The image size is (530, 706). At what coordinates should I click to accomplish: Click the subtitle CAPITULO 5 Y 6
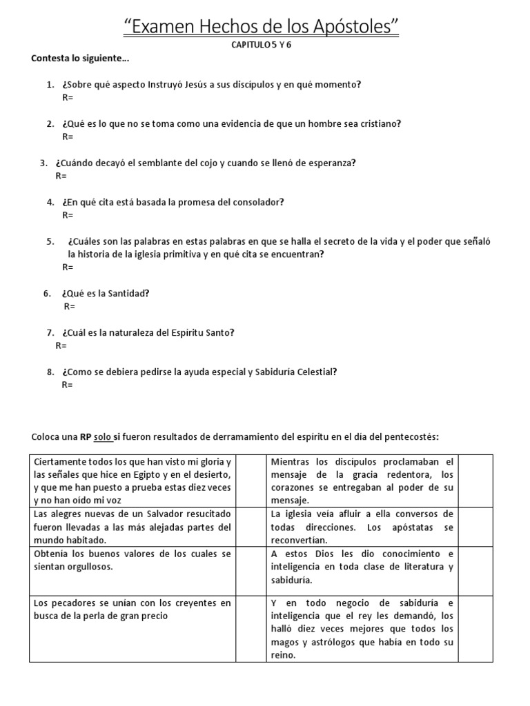pos(265,45)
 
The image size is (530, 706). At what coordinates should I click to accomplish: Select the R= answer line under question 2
pos(68,137)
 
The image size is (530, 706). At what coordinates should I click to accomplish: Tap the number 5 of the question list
pos(50,241)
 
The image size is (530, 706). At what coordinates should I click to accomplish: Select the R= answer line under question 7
pos(61,345)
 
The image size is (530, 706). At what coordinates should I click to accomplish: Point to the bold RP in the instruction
pos(86,437)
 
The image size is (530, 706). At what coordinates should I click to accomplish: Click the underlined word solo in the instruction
pos(103,437)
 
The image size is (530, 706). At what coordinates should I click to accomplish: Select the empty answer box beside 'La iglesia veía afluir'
pos(475,527)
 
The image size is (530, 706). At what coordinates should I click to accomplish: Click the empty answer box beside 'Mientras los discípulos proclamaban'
pos(475,481)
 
